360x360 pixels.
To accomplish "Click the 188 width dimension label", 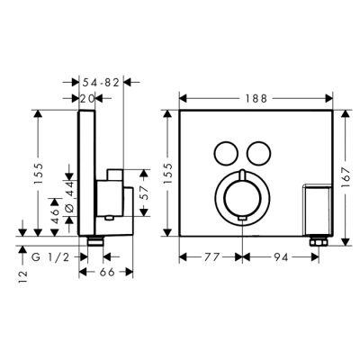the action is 256,98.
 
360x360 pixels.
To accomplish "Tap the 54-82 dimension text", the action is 101,82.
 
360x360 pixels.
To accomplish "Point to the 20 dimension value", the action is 87,98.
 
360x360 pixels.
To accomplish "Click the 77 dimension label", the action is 212,257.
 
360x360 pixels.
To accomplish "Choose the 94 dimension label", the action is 281,257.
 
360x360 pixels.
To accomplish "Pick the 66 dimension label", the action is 107,272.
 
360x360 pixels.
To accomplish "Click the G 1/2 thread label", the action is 50,257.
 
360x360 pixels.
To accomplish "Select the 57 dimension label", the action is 144,193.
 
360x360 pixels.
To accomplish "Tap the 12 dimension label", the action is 22,277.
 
